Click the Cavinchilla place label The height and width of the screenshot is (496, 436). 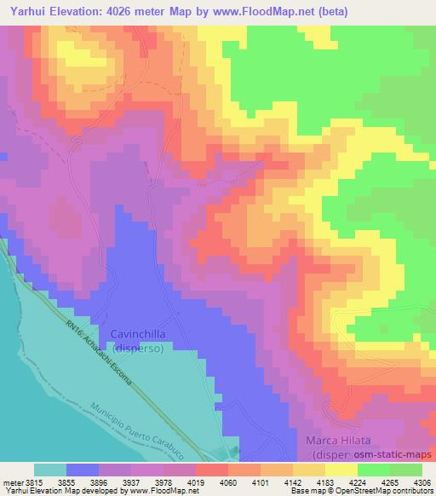[137, 334]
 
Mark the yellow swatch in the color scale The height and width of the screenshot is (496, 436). [341, 470]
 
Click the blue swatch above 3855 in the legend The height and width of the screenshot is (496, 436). [83, 470]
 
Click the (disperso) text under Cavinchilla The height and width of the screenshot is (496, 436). [137, 348]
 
